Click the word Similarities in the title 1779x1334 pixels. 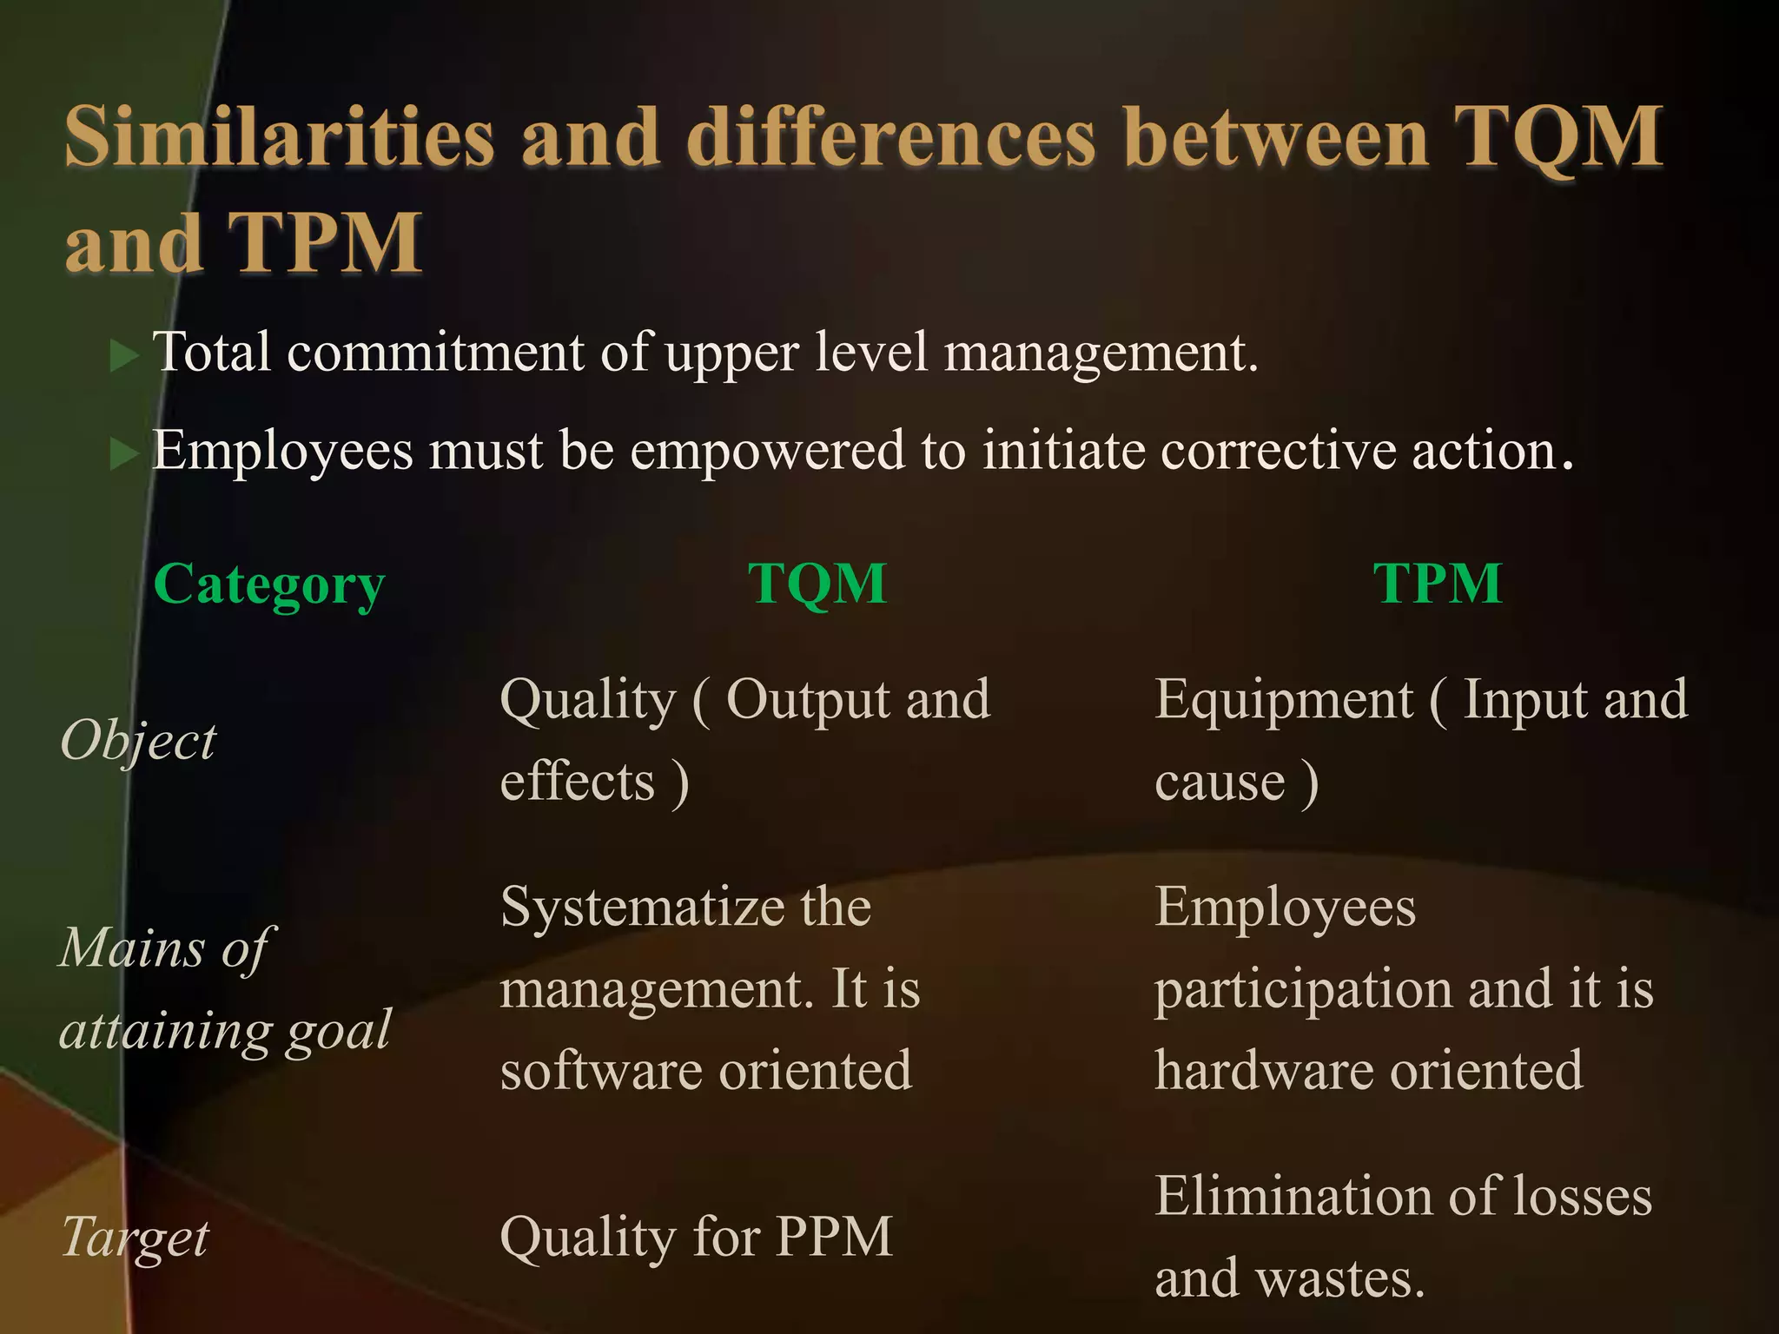[x=279, y=136]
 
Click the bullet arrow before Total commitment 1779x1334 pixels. [x=124, y=356]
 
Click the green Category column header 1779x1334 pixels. [x=268, y=584]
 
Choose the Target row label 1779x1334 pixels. [x=136, y=1237]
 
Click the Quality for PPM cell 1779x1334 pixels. [x=696, y=1236]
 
